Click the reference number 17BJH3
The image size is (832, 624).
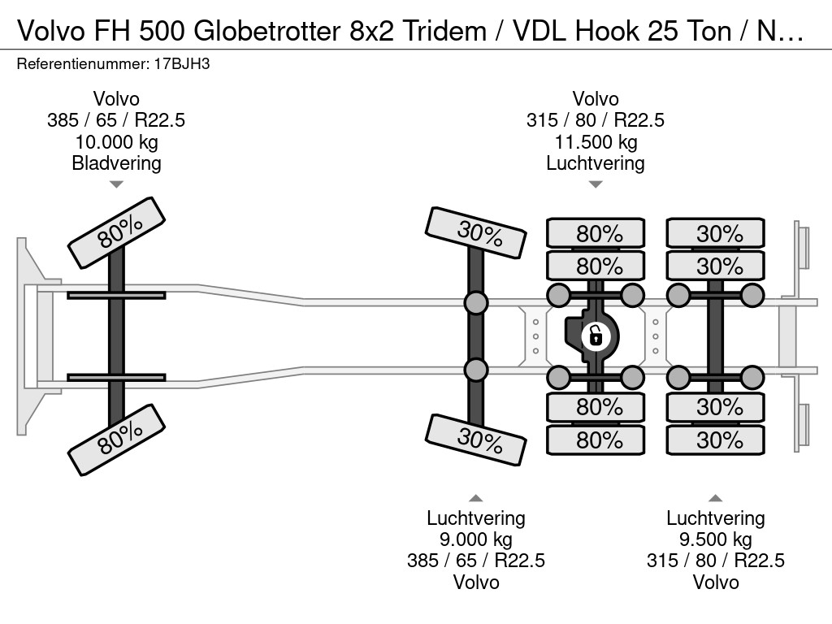[182, 64]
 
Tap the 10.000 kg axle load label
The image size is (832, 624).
[116, 142]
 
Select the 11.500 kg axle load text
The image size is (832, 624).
[596, 142]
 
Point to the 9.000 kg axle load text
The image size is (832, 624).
[476, 539]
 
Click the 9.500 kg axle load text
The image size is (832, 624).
[716, 539]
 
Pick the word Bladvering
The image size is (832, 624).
[116, 163]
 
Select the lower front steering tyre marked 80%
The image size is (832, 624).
[117, 440]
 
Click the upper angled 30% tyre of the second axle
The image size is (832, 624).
[476, 232]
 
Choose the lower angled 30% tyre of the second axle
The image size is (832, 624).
[476, 440]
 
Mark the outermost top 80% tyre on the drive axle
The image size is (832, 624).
[596, 232]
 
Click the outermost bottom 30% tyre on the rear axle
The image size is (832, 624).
[715, 440]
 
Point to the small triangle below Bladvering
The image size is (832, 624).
[116, 184]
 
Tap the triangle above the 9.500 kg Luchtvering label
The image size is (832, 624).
[715, 498]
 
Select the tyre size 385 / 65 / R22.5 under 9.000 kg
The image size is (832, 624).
[476, 561]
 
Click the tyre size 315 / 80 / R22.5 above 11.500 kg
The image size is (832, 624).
[596, 120]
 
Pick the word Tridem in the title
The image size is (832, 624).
[444, 31]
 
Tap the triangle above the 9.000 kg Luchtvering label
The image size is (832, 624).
[476, 498]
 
